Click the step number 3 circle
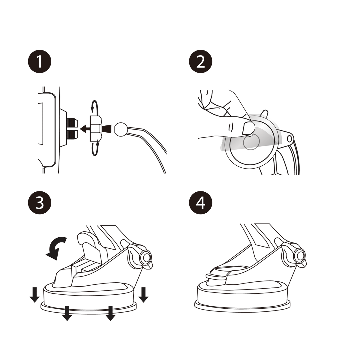40,202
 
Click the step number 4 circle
200,202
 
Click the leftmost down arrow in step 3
34,294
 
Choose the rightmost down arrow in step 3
143,294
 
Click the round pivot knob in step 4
300,256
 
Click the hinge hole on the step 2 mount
289,139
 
